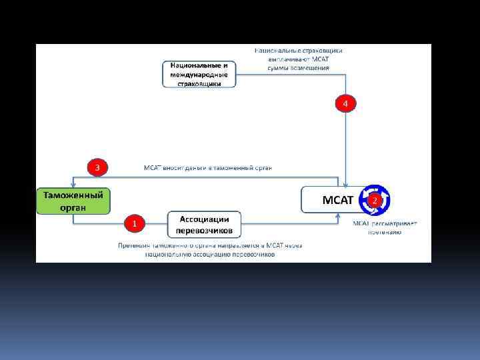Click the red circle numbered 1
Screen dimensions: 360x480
click(x=134, y=223)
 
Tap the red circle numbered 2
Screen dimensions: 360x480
click(x=375, y=200)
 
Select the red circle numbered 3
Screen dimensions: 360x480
click(x=97, y=167)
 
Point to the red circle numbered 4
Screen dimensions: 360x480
click(x=345, y=103)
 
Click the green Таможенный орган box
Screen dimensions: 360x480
click(x=73, y=200)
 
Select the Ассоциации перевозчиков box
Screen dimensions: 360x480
click(x=204, y=225)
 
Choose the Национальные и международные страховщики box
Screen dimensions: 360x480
click(x=199, y=74)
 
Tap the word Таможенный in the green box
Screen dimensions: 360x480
click(x=73, y=195)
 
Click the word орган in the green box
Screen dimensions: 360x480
click(x=73, y=207)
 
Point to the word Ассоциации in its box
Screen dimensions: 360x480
click(x=204, y=219)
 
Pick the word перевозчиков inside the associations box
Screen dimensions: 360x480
click(x=204, y=231)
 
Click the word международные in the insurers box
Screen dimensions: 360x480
click(x=199, y=75)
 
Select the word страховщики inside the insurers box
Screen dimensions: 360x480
click(x=199, y=84)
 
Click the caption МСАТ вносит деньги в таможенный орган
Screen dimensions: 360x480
click(x=208, y=167)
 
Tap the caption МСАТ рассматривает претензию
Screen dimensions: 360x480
click(x=385, y=227)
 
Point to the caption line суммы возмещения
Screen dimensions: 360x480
click(x=298, y=68)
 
